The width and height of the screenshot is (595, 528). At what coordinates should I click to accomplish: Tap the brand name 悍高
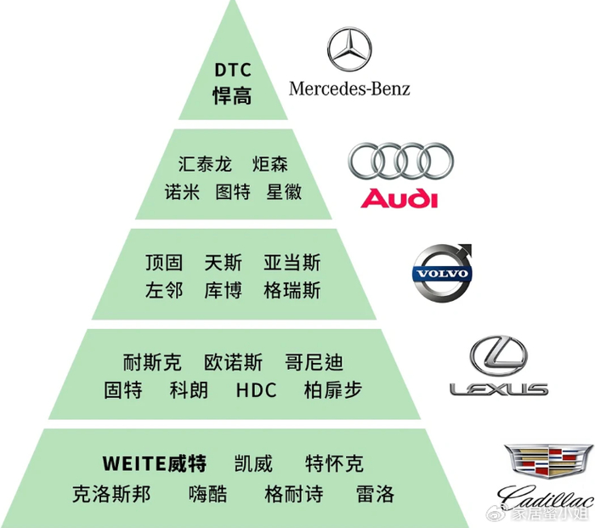(x=231, y=95)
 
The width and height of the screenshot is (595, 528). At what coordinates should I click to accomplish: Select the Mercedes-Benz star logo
(x=349, y=48)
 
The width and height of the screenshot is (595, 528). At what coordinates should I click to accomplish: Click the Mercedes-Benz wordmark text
(x=349, y=88)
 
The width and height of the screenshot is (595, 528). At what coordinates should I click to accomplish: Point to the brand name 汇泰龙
(x=205, y=163)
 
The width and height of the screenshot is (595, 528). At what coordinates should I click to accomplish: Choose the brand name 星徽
(x=284, y=191)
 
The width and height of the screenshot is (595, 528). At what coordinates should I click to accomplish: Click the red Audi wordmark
(x=399, y=200)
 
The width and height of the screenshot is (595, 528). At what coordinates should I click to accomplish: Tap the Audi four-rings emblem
(x=400, y=162)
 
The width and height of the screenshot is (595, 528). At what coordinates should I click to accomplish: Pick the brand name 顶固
(x=164, y=263)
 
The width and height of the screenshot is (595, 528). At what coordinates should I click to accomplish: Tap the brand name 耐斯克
(x=152, y=363)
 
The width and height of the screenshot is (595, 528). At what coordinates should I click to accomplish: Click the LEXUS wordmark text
(x=498, y=389)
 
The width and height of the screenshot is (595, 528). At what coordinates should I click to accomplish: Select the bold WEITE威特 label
(x=154, y=464)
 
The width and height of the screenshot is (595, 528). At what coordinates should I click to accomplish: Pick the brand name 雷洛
(x=375, y=494)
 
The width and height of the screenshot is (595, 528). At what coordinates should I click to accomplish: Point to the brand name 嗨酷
(x=207, y=494)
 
